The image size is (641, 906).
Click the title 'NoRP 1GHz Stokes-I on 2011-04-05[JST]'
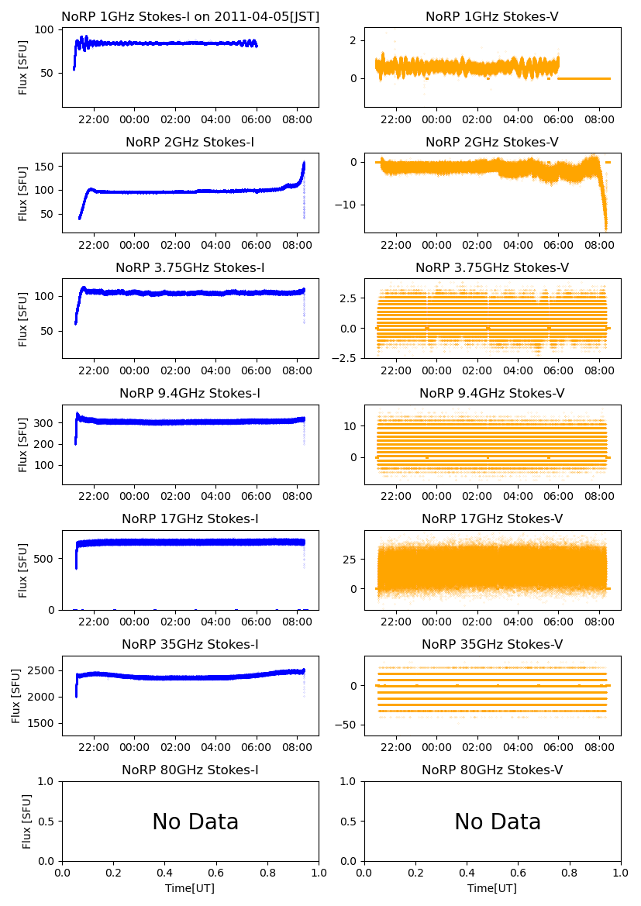(190, 16)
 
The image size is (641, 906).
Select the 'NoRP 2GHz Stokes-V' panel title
(492, 142)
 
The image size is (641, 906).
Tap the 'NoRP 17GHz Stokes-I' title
(190, 518)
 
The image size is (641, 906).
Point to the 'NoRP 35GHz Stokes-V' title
(492, 644)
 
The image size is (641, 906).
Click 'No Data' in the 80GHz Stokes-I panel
(195, 822)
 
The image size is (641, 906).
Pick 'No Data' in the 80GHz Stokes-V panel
(498, 822)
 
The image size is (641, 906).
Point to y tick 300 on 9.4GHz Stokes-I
(47, 423)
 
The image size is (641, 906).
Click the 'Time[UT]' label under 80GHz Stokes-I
(190, 888)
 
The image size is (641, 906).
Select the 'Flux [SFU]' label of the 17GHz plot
(23, 570)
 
